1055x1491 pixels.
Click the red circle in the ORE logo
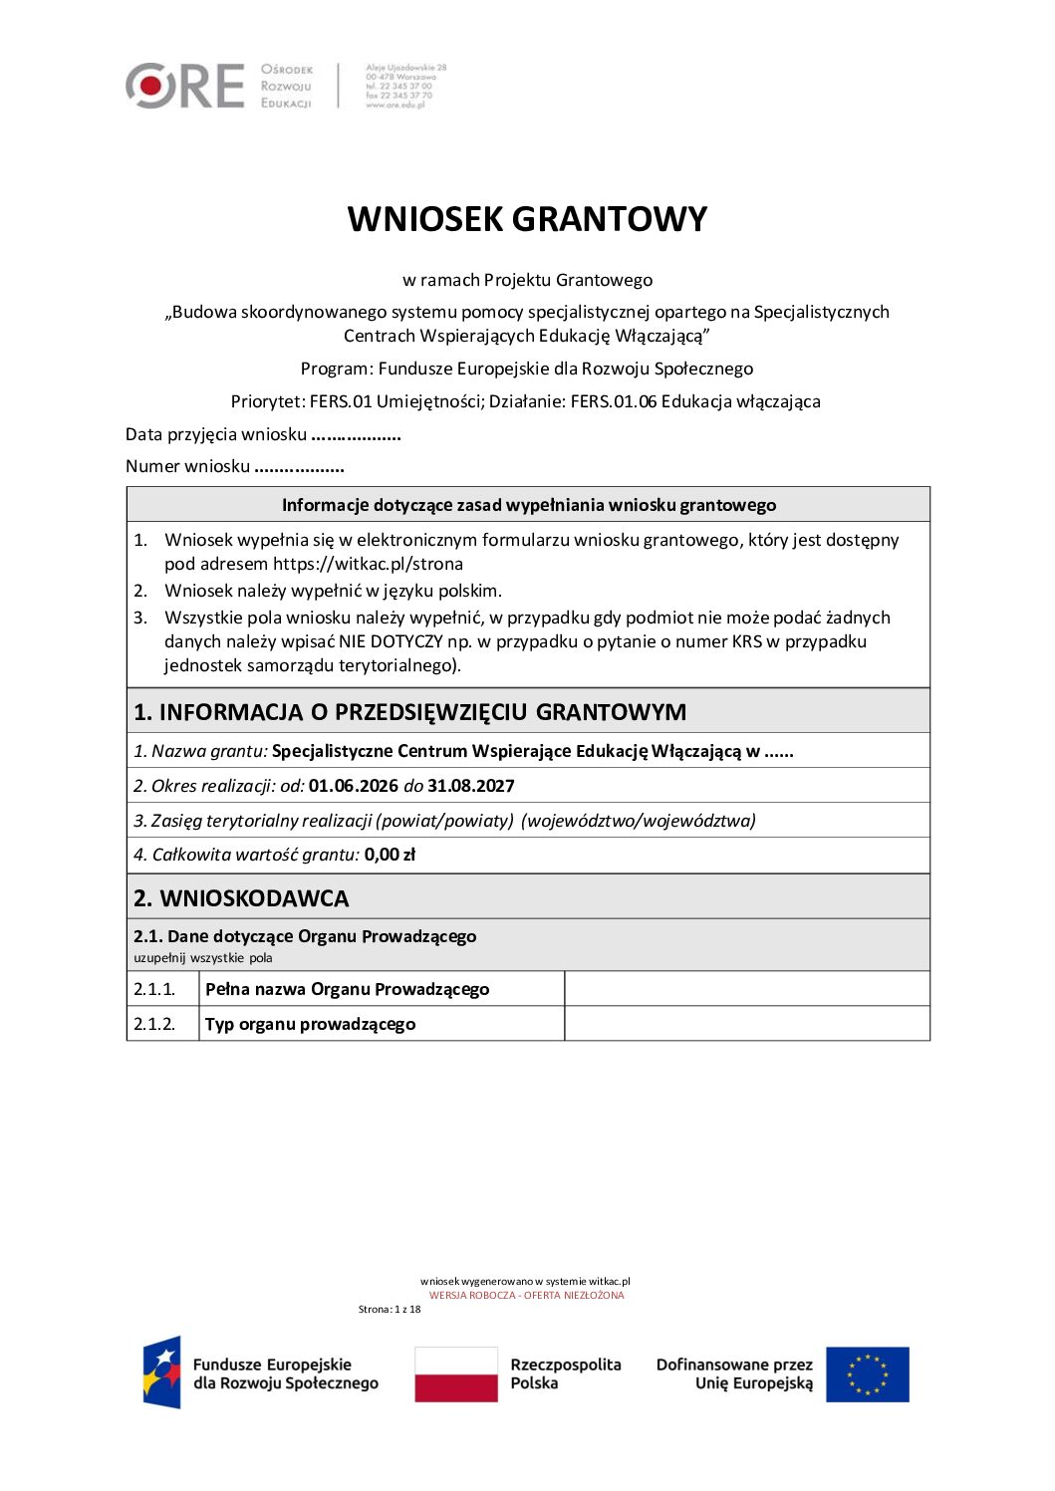150,86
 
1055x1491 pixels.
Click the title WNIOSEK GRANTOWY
527,219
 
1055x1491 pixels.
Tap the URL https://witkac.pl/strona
368,564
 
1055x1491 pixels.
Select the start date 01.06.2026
353,786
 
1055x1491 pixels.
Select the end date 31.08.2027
471,786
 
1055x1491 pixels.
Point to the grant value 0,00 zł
390,855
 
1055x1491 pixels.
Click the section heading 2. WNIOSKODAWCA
241,898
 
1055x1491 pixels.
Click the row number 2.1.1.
154,989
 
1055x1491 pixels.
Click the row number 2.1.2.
154,1024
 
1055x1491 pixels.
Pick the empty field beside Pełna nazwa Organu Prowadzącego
746,989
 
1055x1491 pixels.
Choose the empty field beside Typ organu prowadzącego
746,1024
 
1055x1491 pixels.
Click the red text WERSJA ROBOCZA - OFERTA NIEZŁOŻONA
526,1296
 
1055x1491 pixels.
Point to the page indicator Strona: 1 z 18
390,1310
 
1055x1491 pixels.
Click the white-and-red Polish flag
456,1374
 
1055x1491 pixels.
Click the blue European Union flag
867,1374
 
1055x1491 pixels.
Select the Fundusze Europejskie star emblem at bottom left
162,1372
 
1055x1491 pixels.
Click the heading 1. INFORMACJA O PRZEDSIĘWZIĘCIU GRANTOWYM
409,712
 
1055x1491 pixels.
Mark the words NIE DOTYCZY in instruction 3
391,641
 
